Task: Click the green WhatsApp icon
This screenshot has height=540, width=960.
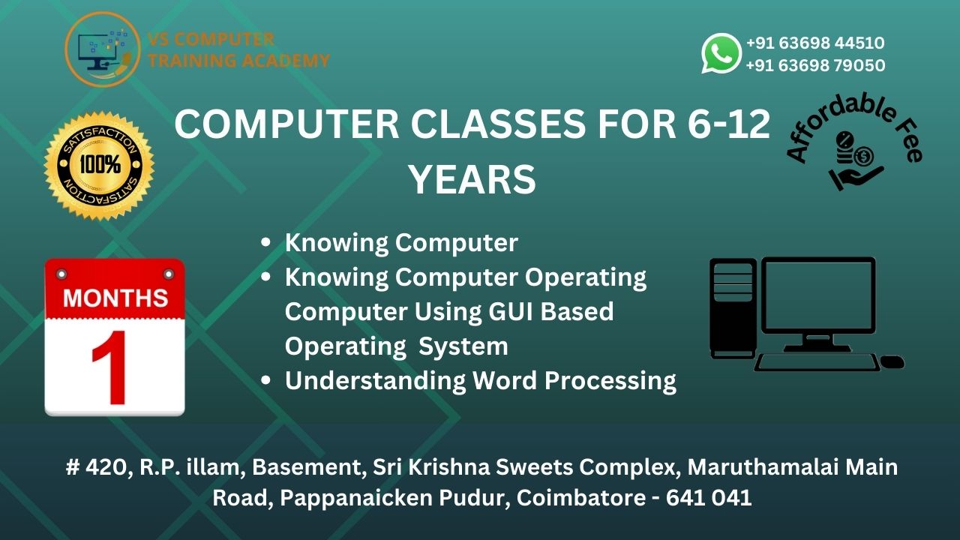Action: (x=721, y=53)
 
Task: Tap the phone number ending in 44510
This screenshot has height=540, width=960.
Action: (x=814, y=43)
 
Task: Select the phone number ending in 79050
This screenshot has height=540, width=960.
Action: (x=814, y=66)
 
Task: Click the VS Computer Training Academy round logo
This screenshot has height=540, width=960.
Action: (x=102, y=49)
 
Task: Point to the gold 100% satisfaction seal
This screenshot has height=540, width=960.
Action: (x=99, y=166)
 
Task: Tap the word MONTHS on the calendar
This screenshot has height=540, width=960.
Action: (x=115, y=298)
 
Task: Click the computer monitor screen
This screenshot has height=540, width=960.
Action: (x=818, y=295)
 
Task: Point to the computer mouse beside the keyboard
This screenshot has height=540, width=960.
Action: (x=892, y=362)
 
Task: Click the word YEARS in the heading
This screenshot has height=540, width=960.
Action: (x=472, y=181)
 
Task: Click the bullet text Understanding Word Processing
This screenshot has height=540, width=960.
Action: (x=480, y=381)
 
